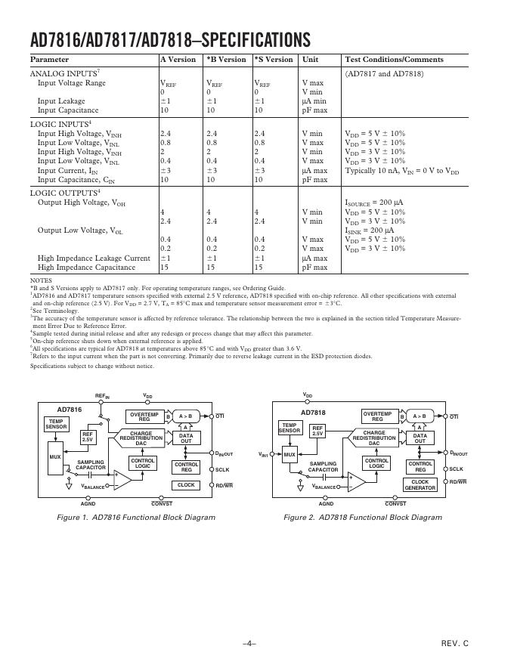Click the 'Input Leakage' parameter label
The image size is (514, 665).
61,101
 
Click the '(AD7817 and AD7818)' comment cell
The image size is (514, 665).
385,74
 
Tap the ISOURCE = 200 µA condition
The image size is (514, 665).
374,203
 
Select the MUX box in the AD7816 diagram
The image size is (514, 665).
54,457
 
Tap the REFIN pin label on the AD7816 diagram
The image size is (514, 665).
102,396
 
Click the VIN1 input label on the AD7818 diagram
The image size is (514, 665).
264,454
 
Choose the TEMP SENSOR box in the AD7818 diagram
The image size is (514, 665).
290,428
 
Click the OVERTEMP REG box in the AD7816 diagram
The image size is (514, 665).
144,416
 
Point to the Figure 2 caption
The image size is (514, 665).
363,518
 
